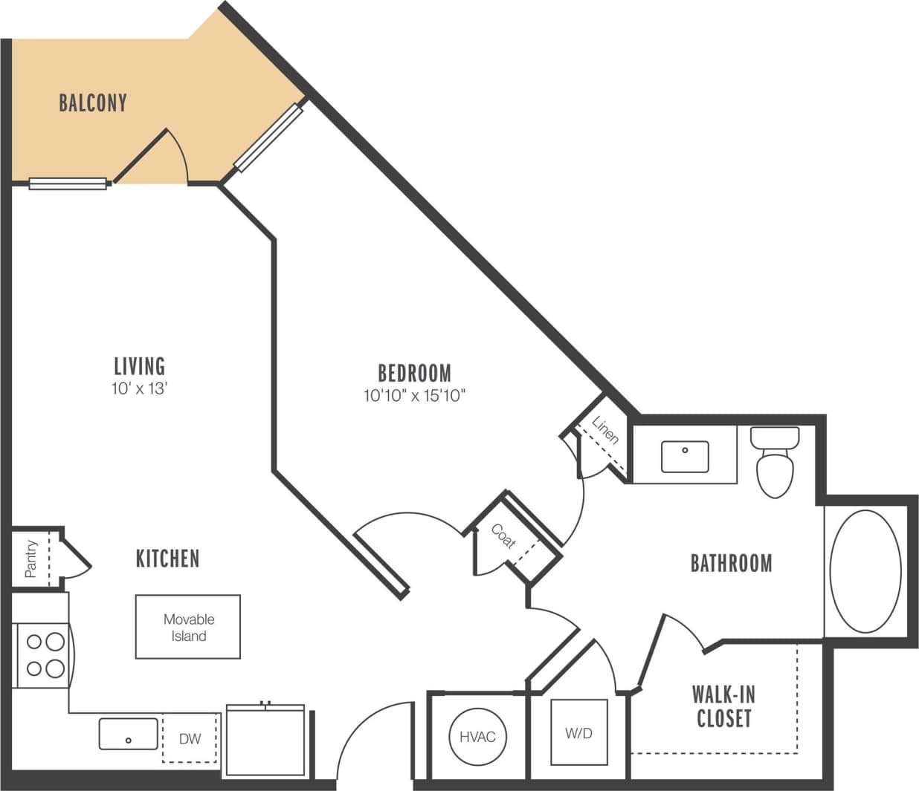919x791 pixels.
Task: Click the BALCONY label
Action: (x=92, y=102)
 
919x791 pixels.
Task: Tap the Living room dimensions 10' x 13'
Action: (x=139, y=388)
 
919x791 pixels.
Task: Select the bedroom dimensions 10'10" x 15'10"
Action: (x=414, y=395)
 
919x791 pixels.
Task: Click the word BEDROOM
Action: (x=414, y=373)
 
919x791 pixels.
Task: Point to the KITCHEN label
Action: (x=167, y=559)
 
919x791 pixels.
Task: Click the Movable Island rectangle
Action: (x=188, y=627)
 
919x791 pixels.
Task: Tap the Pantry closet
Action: (x=31, y=558)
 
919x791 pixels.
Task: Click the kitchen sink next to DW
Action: (x=128, y=734)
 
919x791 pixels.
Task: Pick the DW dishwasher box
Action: (x=190, y=738)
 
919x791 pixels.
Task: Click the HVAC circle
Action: (x=477, y=737)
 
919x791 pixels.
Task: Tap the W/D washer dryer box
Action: (x=578, y=733)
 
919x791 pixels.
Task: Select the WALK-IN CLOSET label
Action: (x=723, y=706)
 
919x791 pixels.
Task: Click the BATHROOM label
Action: (x=731, y=563)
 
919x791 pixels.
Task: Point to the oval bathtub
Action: (x=865, y=571)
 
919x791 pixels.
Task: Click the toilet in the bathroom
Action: (x=775, y=461)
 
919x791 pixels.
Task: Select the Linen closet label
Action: (x=605, y=430)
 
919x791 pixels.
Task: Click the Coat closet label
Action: (x=503, y=536)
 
